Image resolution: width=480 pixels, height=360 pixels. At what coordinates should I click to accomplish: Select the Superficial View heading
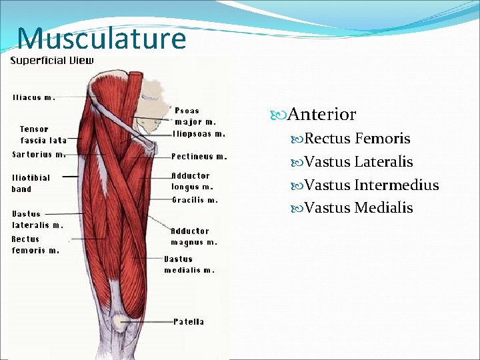coord(52,61)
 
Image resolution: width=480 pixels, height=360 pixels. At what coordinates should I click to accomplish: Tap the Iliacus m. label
coord(34,97)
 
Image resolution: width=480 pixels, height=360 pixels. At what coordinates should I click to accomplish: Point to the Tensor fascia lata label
coord(43,135)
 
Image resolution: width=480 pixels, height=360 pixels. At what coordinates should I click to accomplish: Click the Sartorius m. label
coord(39,155)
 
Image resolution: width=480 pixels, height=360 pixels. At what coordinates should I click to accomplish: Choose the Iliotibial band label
coord(31,183)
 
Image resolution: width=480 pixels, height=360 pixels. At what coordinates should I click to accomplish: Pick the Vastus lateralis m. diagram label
coord(37,219)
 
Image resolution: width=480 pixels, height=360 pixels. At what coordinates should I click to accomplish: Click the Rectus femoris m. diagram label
coord(35,245)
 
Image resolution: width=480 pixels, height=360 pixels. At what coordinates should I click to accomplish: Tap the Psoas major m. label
coord(195,117)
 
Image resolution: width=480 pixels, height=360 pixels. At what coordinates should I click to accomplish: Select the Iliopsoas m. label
coord(199,134)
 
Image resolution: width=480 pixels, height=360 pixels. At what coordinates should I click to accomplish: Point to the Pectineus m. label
coord(199,157)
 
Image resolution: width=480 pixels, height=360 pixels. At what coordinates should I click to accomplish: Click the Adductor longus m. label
coord(191,181)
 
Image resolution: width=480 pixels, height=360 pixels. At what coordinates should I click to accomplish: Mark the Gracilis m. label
coord(195,200)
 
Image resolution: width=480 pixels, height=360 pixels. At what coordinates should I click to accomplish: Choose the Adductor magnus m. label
coord(193,237)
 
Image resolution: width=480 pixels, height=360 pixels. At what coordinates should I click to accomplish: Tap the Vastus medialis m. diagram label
coord(189,265)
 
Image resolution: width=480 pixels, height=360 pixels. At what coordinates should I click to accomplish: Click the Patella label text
coord(189,322)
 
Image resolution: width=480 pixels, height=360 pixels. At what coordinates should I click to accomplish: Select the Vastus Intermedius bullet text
coord(371,185)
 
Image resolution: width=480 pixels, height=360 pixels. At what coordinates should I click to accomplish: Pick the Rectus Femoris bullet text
coord(357,139)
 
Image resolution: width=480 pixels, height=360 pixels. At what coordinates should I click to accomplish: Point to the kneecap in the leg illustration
coord(121,323)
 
